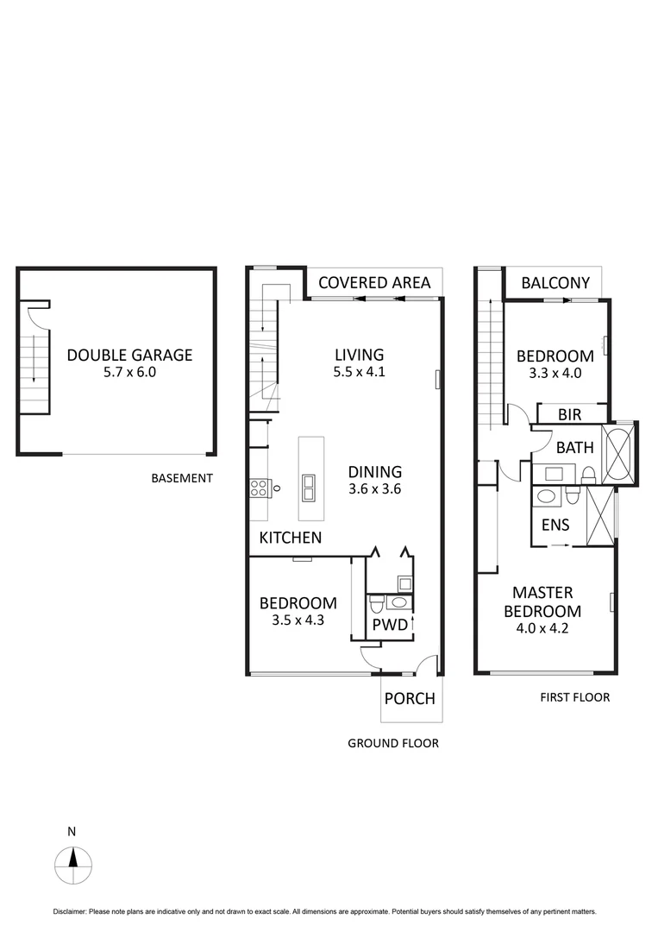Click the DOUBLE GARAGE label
tap(129, 355)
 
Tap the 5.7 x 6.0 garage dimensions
tap(129, 373)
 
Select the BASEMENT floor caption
tap(181, 478)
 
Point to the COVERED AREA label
tap(374, 282)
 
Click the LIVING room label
tap(360, 355)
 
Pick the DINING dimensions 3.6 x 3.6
tap(375, 488)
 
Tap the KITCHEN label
tap(291, 538)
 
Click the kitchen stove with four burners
tap(258, 488)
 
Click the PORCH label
tap(410, 699)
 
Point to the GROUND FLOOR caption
tap(393, 743)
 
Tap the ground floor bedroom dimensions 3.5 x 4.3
tap(291, 620)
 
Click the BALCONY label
tap(556, 282)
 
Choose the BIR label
tap(569, 415)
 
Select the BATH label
tap(573, 448)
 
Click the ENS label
tap(555, 525)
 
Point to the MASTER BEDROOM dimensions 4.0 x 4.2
tap(547, 628)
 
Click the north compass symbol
tap(73, 862)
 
